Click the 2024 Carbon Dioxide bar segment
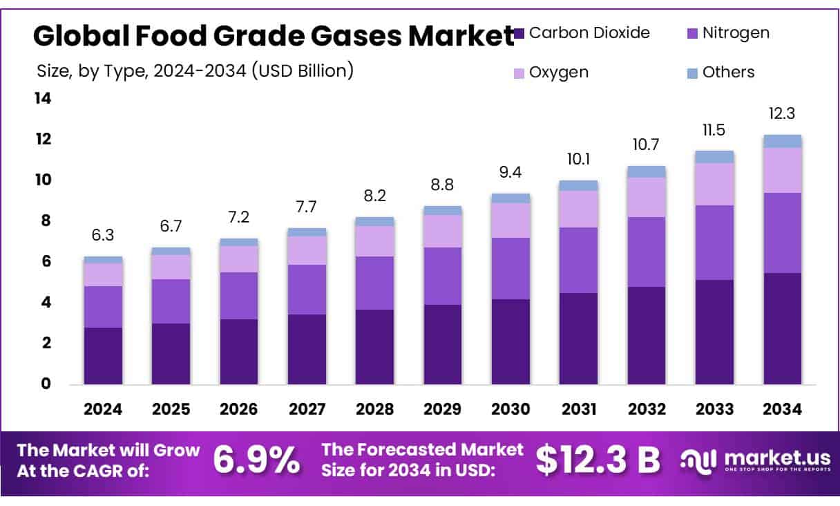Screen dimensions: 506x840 coord(103,356)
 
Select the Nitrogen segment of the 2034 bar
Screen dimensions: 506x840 coord(782,233)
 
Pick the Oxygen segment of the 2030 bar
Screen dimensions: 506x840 coord(510,220)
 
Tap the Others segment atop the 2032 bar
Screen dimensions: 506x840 coord(647,171)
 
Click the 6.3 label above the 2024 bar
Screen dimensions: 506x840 coord(103,236)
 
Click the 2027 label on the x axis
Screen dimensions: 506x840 coord(307,409)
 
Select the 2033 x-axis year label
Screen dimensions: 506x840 coord(714,409)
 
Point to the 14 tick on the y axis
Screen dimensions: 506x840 coord(43,99)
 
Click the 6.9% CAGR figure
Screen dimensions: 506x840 coord(256,460)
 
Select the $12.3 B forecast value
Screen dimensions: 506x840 coord(598,460)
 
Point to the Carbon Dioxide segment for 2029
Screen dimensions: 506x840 coord(443,344)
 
